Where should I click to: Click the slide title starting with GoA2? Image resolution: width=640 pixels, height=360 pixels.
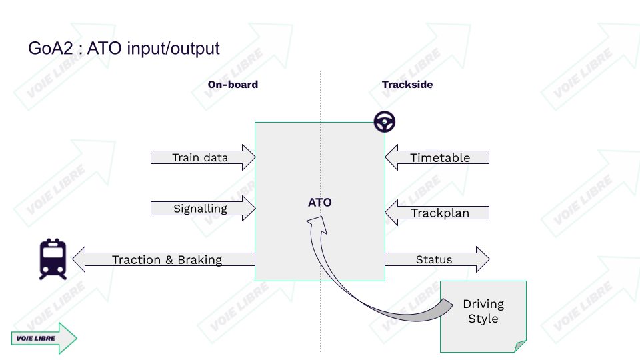point(123,49)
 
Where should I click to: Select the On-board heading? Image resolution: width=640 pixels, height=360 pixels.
point(233,85)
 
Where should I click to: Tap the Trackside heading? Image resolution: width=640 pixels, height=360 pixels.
point(407,85)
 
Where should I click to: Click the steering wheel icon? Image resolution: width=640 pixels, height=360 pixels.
point(384,121)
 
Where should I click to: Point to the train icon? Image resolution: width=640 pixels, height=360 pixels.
point(53,259)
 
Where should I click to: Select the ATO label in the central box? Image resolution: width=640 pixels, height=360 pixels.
point(319,202)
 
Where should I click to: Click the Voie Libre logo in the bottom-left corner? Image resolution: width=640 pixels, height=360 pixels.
point(44,338)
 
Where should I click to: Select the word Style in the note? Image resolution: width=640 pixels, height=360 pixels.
point(483,319)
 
